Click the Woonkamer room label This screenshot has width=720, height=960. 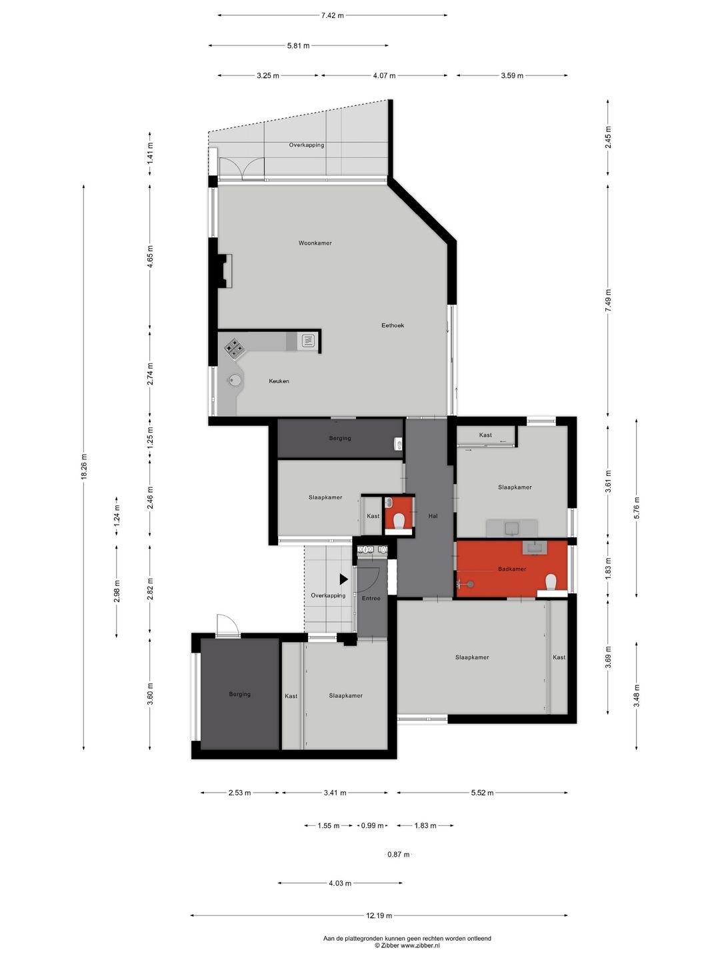click(315, 243)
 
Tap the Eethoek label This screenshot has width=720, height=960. click(393, 325)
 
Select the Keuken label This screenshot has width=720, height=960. click(279, 381)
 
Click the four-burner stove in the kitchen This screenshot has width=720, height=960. click(234, 348)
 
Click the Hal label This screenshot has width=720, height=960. click(433, 516)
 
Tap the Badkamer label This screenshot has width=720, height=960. click(512, 569)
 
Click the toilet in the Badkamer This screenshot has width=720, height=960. click(551, 583)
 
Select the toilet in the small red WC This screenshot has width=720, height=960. click(398, 521)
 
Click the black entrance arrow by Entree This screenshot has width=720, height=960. click(343, 579)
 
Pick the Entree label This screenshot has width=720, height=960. click(371, 598)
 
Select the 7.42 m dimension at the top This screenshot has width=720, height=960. click(332, 16)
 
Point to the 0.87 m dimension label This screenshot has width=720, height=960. click(399, 854)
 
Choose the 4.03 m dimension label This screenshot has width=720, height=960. click(340, 883)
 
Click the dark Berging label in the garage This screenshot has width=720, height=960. click(239, 694)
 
